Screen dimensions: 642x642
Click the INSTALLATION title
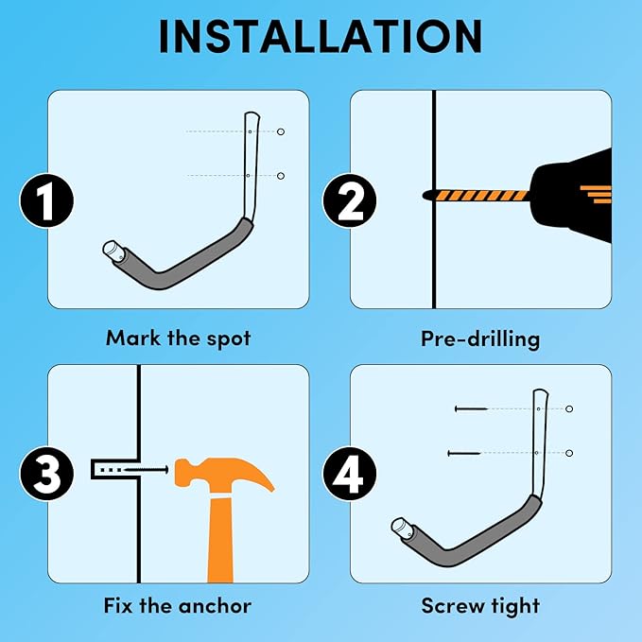[321, 36]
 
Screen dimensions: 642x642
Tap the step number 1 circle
[46, 200]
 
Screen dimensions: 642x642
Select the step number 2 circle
[349, 200]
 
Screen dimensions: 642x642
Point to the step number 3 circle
[46, 474]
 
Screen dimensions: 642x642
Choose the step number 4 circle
[349, 474]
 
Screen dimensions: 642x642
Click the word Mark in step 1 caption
[132, 338]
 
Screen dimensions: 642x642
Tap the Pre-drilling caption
[480, 339]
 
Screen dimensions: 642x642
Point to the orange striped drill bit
[476, 195]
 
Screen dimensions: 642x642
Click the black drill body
[571, 195]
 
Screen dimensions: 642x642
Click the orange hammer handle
[220, 540]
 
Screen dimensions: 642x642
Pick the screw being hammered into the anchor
[147, 469]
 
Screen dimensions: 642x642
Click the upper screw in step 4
[471, 408]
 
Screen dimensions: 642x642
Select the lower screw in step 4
[464, 453]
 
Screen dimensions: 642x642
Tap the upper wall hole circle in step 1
[281, 131]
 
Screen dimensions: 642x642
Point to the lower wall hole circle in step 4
[568, 453]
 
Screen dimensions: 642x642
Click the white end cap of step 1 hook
[112, 250]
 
